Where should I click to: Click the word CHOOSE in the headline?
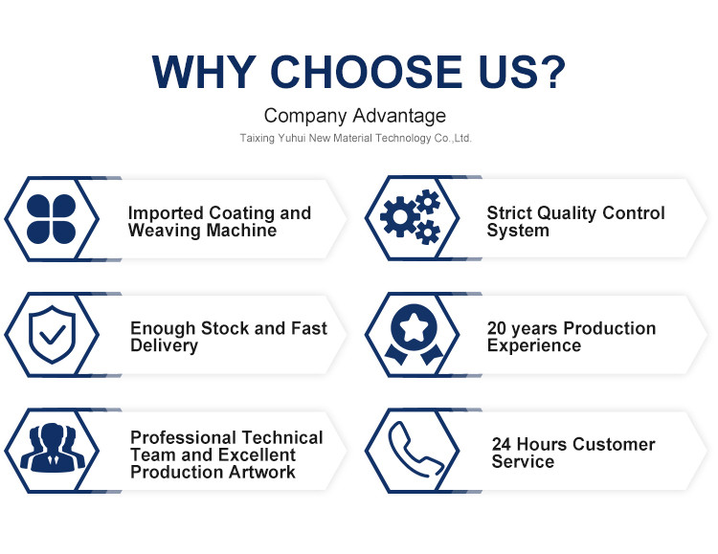point(367,72)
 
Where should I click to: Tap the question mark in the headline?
point(551,72)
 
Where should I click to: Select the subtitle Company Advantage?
point(355,116)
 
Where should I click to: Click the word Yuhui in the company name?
point(291,138)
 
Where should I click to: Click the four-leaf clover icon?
point(52,219)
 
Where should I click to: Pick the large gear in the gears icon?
point(400,216)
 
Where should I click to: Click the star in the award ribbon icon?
point(414,327)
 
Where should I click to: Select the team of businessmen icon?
point(53,447)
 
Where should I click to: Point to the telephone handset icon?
point(415,450)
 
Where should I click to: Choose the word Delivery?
point(165,345)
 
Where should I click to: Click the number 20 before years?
point(496,328)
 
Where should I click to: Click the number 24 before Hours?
point(502,444)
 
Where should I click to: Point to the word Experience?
point(534,345)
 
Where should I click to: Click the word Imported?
point(166,213)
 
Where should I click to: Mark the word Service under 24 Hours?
point(523,461)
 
